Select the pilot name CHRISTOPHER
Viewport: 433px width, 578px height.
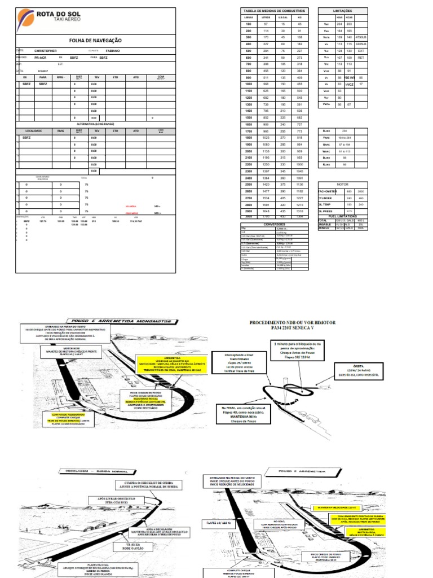tap(46, 51)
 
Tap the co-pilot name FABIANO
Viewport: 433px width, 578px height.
tap(113, 51)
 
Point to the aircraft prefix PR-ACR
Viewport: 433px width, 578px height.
tap(41, 58)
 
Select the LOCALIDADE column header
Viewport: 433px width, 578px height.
tap(33, 130)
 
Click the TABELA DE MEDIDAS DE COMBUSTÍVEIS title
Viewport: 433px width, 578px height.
tap(274, 11)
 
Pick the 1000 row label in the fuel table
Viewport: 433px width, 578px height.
tap(248, 83)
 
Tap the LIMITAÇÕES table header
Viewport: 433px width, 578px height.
tap(342, 11)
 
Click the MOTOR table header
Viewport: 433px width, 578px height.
tap(342, 184)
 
